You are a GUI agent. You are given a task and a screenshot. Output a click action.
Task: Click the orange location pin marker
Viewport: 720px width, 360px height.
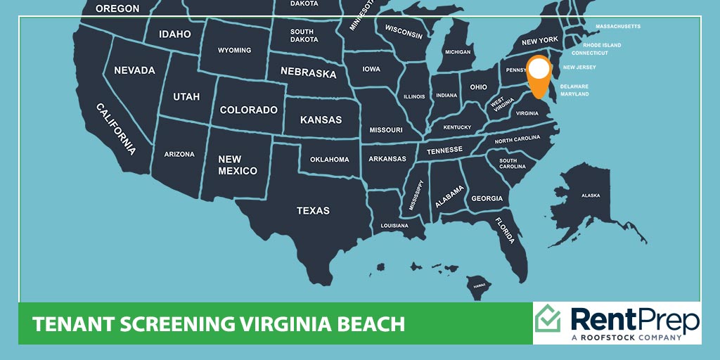539,74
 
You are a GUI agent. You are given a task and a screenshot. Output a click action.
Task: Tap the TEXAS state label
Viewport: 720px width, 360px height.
313,210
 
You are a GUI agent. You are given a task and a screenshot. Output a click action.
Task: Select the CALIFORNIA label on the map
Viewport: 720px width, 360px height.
116,128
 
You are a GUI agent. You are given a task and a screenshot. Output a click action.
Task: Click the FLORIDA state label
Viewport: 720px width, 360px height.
503,230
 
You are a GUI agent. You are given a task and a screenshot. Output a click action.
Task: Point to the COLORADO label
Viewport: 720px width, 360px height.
249,110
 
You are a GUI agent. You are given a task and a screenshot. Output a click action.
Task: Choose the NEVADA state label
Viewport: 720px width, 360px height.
134,70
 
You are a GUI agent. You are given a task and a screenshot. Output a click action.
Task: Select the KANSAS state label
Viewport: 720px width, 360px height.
321,120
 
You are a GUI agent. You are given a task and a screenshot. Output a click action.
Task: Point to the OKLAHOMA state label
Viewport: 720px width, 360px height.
330,160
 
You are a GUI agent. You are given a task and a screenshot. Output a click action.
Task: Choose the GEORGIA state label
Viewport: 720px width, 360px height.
487,198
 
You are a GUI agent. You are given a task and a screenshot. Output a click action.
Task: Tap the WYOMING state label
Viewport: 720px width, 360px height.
234,51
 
